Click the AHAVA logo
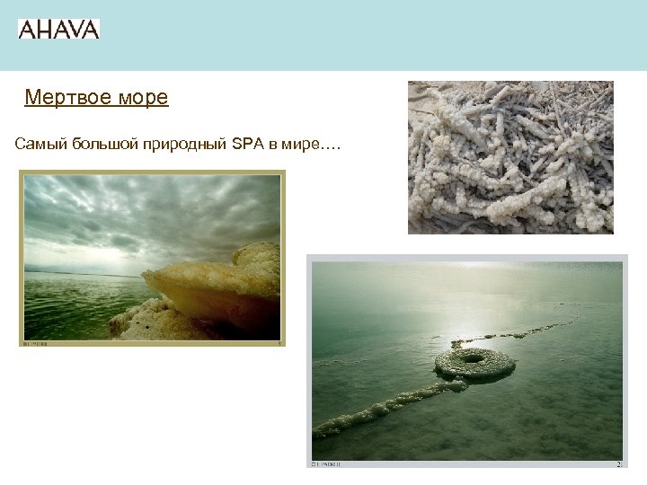58,29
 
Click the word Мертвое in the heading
60,97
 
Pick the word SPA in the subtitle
246,145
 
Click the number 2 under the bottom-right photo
618,464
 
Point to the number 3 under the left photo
279,342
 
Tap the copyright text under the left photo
36,342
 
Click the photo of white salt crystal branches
510,157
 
